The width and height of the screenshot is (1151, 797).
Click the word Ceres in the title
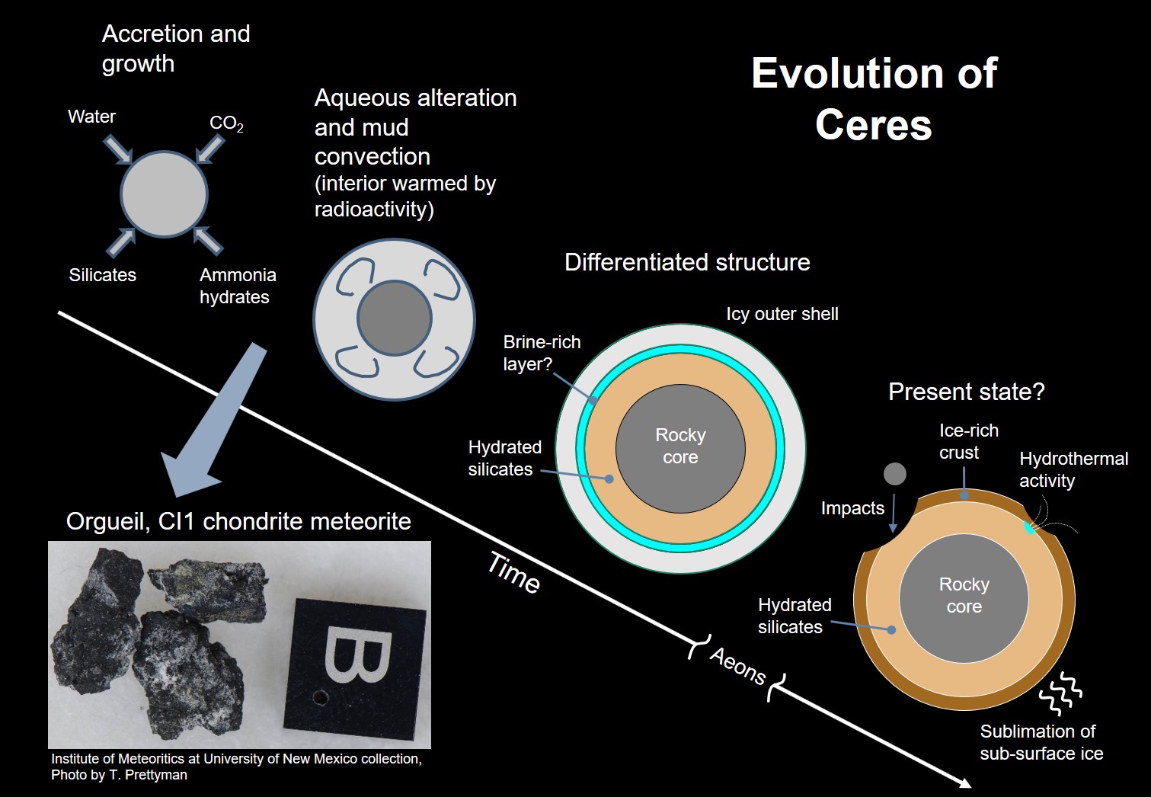click(873, 125)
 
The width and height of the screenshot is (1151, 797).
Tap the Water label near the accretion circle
click(91, 117)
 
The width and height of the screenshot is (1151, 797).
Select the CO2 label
click(226, 123)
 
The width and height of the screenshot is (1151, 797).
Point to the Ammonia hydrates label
click(237, 286)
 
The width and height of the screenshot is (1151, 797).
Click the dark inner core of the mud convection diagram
click(394, 318)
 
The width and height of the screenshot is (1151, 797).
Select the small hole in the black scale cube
click(321, 696)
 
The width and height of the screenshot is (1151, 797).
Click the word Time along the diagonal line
click(514, 573)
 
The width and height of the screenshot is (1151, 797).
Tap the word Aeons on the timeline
click(737, 666)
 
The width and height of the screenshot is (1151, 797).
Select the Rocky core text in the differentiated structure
click(680, 446)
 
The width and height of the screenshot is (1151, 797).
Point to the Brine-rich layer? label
click(541, 353)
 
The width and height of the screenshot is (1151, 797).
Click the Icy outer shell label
click(782, 314)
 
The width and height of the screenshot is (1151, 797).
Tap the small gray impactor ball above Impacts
click(894, 474)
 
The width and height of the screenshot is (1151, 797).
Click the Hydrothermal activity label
click(1073, 469)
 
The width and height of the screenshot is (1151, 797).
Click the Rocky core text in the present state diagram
click(964, 595)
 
